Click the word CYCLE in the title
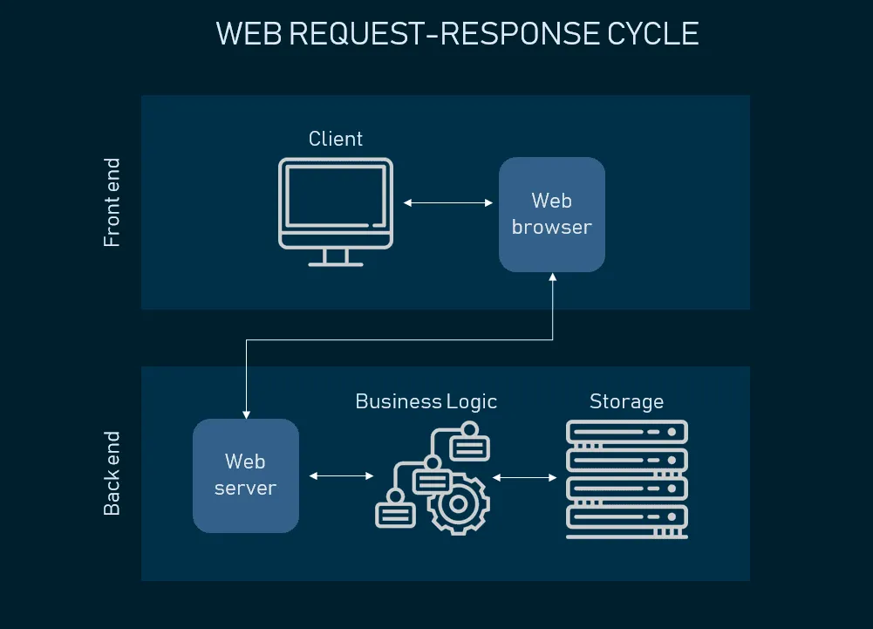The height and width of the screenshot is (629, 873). coord(652,34)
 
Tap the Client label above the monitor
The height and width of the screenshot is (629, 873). coord(336,139)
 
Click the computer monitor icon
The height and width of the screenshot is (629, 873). coord(336,212)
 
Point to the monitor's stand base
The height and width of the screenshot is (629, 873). coord(336,264)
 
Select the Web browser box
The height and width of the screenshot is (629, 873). coord(552,215)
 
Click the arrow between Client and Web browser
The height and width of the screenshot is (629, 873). coord(448,202)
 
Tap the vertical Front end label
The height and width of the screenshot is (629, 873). coord(112,202)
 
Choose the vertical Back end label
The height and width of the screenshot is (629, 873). coord(112,473)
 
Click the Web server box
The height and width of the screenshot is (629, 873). coord(246,475)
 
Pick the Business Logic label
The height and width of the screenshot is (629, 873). coord(426,401)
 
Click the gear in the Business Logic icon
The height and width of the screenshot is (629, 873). coord(458,504)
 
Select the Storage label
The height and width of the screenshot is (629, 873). coord(626,401)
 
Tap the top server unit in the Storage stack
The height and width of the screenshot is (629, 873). coord(627,432)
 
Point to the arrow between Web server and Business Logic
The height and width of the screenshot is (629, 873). coord(341,475)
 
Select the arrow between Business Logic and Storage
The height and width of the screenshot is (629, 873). coord(524,477)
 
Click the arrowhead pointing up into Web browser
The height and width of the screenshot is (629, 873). coord(553,277)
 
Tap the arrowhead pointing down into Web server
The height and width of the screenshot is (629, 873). coord(246,414)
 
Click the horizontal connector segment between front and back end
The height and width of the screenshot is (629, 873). coord(399,339)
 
